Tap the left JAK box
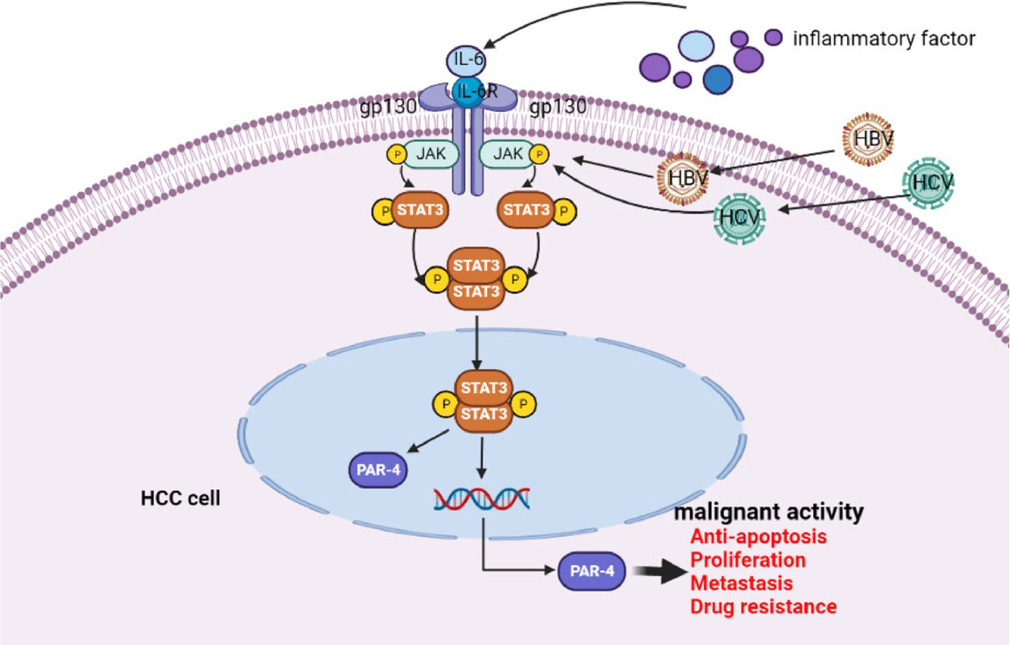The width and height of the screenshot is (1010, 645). (432, 154)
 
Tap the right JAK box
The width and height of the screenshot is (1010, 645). (508, 154)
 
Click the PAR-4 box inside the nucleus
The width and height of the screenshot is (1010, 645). (378, 470)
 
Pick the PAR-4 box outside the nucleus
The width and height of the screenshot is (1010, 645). (592, 571)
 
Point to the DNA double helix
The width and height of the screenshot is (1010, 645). (481, 499)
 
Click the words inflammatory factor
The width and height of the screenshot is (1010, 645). (883, 39)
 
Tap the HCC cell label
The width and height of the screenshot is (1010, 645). (180, 499)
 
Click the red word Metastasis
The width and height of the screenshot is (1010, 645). (741, 583)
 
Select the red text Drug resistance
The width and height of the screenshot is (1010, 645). (763, 606)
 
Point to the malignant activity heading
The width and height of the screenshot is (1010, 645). (768, 512)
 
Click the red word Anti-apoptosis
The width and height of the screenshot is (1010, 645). (758, 537)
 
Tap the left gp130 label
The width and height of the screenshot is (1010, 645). (388, 108)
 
